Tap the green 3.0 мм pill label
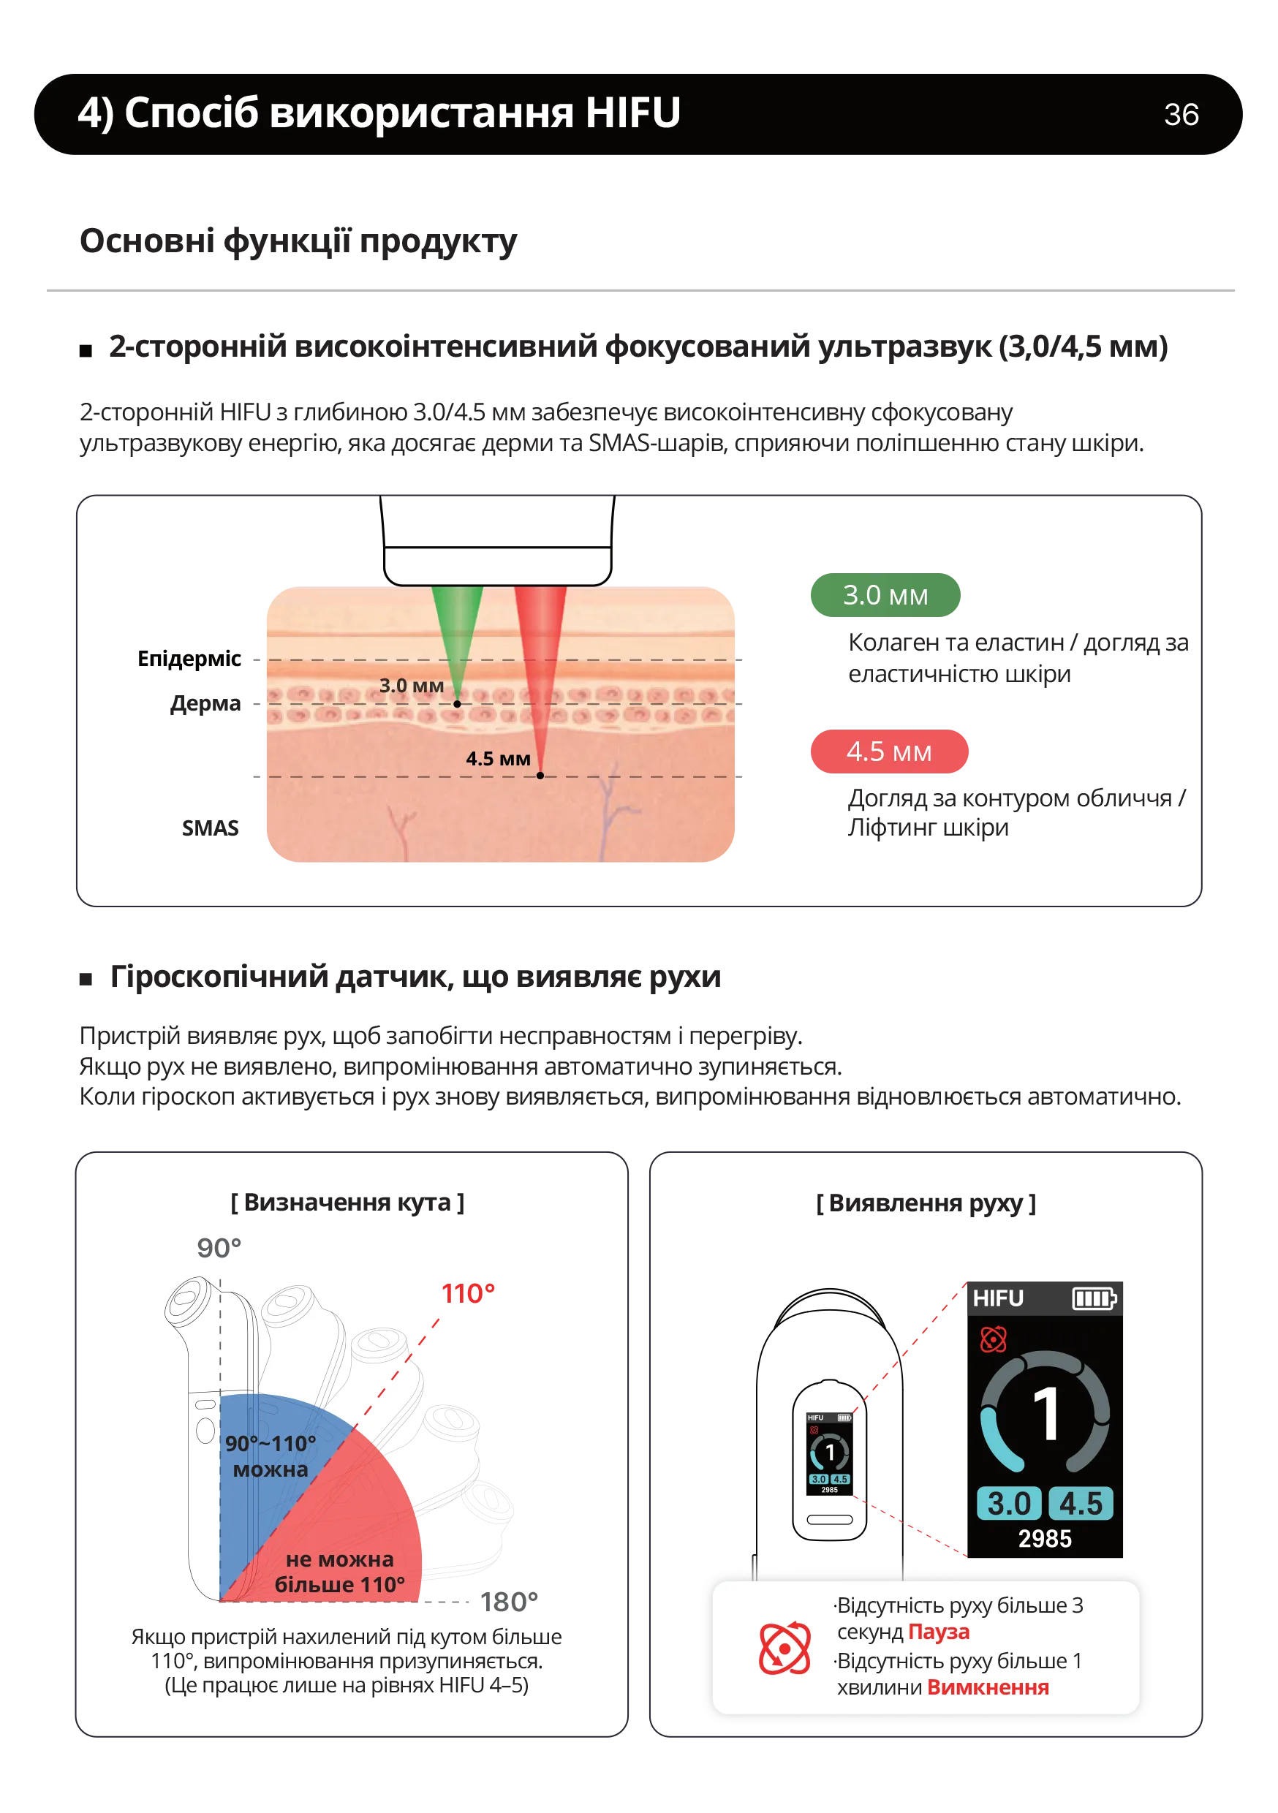click(x=884, y=594)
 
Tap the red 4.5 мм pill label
click(x=888, y=751)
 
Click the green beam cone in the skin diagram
click(x=456, y=632)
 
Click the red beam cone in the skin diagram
click(x=540, y=656)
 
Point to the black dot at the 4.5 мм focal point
click(x=540, y=776)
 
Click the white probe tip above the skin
click(x=498, y=565)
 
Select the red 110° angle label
click(x=468, y=1293)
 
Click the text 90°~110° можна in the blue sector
click(x=270, y=1456)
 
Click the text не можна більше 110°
click(x=340, y=1571)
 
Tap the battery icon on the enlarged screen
click(x=1093, y=1298)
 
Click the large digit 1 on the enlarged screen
click(x=1046, y=1415)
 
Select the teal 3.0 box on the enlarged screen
click(x=1009, y=1504)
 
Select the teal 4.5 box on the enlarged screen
click(x=1080, y=1504)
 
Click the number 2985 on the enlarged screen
click(x=1044, y=1538)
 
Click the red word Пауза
click(x=938, y=1632)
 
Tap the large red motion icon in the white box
click(x=784, y=1649)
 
